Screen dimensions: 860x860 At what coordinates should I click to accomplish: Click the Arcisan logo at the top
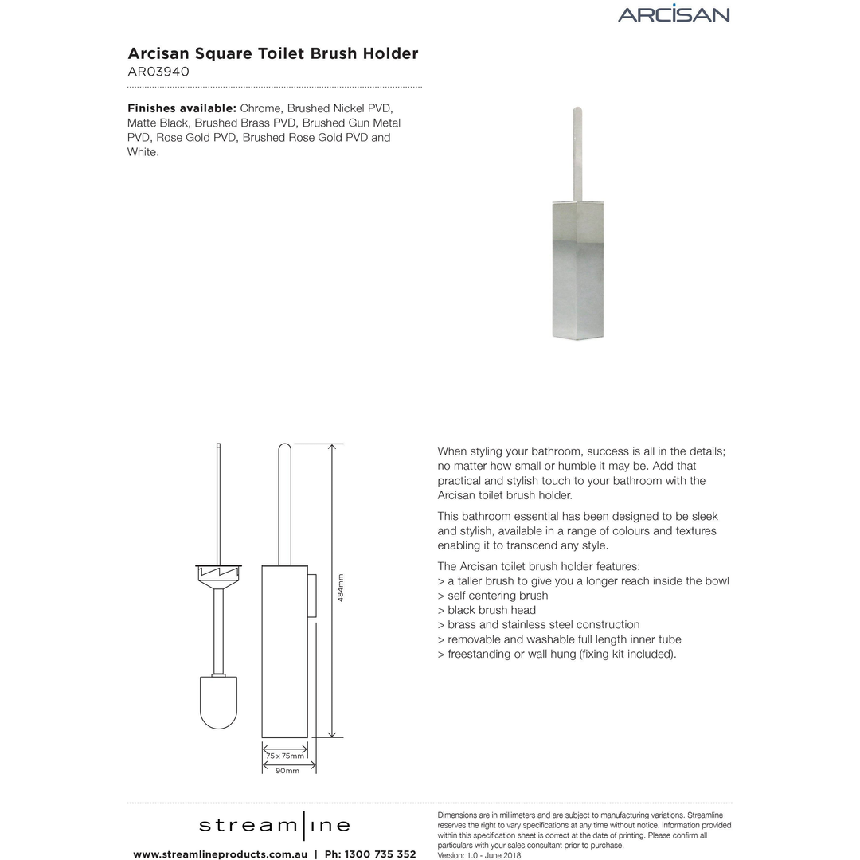coord(673,14)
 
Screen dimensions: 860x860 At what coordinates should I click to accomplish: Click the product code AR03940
coord(158,71)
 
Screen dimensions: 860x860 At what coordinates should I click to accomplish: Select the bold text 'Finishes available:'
coord(182,108)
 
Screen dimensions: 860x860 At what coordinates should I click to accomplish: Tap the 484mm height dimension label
coord(341,588)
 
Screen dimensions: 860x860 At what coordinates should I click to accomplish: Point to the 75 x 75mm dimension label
coord(285,756)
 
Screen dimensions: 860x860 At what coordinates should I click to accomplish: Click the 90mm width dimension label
coord(287,771)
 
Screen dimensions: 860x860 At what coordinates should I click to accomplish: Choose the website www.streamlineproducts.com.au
coord(220,854)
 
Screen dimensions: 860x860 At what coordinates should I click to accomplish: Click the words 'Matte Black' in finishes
coord(158,123)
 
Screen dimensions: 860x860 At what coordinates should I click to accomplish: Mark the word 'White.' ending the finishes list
coord(143,151)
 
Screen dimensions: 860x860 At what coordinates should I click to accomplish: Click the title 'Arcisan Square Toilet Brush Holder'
coord(273,53)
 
